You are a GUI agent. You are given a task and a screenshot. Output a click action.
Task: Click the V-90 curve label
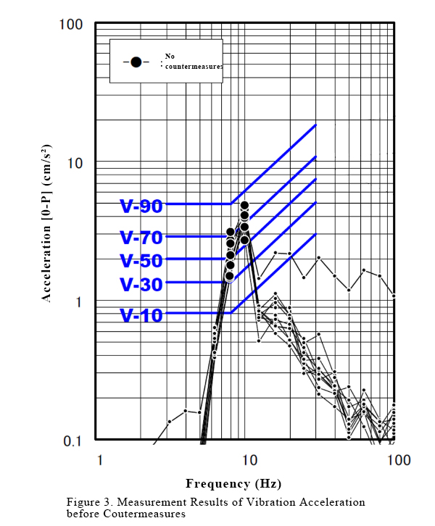(x=141, y=206)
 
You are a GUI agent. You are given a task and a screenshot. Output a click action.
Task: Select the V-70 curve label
(x=141, y=236)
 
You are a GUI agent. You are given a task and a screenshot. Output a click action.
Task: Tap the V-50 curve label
(x=141, y=260)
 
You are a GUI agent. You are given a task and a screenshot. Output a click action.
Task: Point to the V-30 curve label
(x=141, y=284)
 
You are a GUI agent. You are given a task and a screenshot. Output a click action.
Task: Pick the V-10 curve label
(x=141, y=315)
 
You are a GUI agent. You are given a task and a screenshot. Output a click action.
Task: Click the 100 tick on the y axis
(x=70, y=25)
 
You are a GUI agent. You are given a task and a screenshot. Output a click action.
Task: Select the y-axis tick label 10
(x=75, y=163)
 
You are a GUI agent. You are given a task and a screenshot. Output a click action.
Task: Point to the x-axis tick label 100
(x=395, y=461)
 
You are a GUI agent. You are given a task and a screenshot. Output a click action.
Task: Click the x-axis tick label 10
(x=249, y=461)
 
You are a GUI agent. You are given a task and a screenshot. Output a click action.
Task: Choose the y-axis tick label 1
(x=79, y=301)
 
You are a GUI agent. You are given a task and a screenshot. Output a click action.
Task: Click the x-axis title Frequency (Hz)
(x=233, y=484)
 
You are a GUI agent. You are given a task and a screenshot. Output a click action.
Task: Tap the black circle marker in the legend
(x=136, y=62)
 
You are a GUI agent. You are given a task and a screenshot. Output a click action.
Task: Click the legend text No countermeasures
(x=191, y=61)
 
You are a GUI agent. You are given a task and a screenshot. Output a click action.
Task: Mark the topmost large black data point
(x=244, y=206)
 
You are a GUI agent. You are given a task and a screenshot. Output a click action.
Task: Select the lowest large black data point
(x=229, y=276)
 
